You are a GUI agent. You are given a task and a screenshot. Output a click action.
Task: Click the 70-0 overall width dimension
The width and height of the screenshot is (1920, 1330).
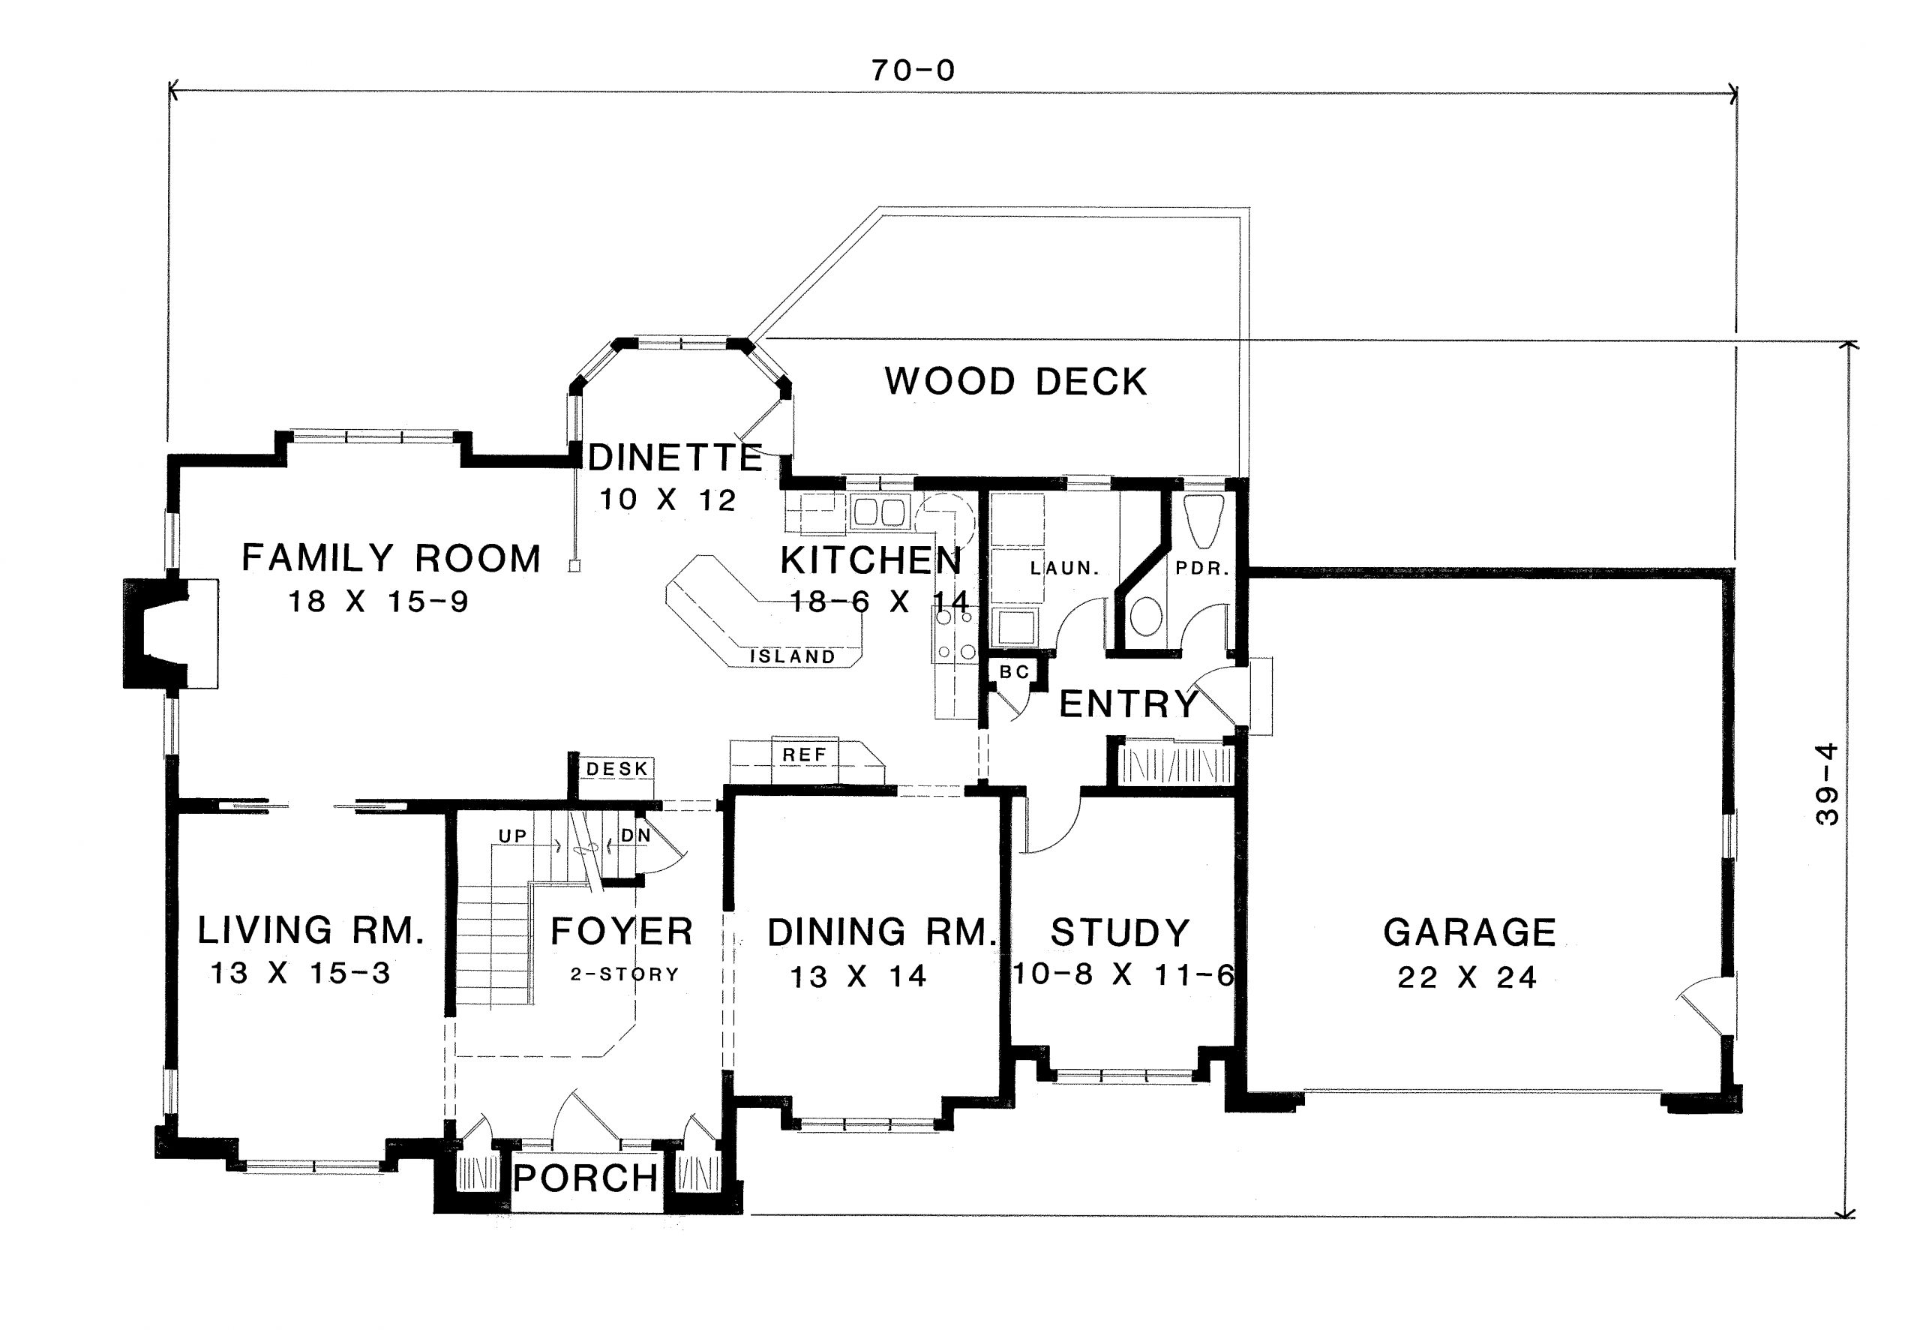click(x=913, y=71)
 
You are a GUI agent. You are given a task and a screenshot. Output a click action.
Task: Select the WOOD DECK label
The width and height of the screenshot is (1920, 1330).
click(x=1015, y=382)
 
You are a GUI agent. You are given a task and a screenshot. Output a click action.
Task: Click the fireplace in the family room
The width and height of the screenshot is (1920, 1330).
click(x=158, y=633)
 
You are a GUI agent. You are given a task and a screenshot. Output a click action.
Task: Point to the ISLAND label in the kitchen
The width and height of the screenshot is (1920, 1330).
click(x=792, y=656)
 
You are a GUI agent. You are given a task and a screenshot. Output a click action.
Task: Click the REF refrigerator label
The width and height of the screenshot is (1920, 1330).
click(x=804, y=755)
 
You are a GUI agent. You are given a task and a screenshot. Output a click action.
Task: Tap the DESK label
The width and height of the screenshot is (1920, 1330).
click(x=617, y=768)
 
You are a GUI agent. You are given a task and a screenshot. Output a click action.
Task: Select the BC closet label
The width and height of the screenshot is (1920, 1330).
click(x=1014, y=671)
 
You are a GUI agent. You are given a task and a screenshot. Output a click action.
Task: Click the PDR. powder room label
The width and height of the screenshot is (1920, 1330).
click(x=1202, y=569)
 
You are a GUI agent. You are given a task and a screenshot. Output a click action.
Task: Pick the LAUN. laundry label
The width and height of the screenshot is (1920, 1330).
click(x=1064, y=569)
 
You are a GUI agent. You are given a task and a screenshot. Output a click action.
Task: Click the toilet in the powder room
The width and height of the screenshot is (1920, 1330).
click(x=1147, y=616)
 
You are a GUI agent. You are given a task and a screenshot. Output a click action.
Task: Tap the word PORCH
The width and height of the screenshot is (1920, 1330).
click(x=586, y=1178)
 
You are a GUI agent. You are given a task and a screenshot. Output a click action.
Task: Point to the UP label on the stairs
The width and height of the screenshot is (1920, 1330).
click(x=512, y=836)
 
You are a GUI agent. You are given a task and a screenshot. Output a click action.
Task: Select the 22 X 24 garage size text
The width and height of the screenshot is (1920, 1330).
click(x=1467, y=977)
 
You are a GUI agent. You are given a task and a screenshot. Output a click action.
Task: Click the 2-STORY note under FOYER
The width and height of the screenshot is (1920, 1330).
click(x=625, y=974)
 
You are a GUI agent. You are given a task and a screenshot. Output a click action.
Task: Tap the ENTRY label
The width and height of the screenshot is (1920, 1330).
click(x=1128, y=705)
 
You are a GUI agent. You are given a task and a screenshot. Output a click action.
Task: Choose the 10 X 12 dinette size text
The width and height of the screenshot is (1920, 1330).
click(x=667, y=500)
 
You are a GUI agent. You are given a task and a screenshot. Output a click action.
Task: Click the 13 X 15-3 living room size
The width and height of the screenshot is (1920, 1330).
click(x=300, y=972)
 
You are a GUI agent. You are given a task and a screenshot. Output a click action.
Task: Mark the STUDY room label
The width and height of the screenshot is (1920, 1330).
click(x=1120, y=932)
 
